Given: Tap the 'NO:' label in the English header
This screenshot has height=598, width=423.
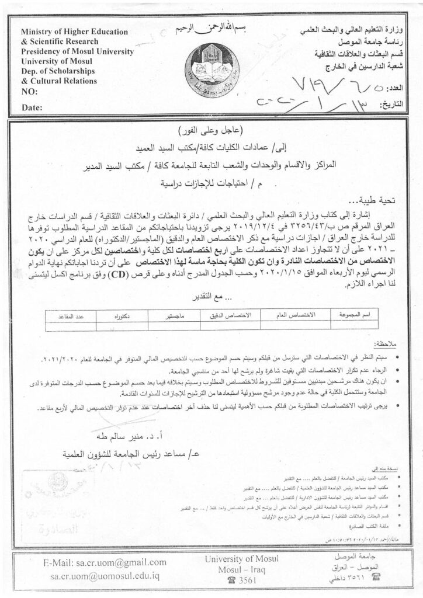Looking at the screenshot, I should (x=29, y=92).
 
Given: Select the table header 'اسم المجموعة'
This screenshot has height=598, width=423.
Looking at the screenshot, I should (x=353, y=315).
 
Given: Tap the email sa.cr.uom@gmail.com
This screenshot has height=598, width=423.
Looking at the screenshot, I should (x=106, y=562).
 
